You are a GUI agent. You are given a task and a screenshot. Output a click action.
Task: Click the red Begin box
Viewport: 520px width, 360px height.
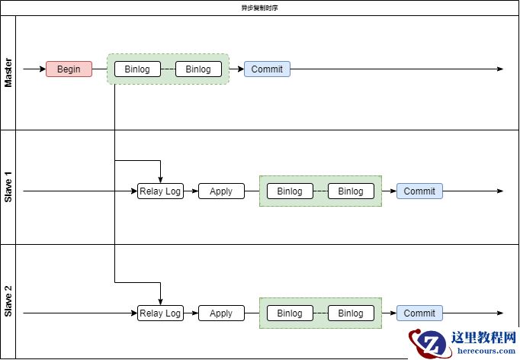click(x=69, y=69)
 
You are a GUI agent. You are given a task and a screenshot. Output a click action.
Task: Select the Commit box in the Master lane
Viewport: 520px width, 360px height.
click(x=267, y=69)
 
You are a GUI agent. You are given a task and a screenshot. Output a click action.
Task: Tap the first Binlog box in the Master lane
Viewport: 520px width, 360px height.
click(x=137, y=69)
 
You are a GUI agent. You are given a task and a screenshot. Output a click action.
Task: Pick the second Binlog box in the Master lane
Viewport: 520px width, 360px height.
click(x=198, y=69)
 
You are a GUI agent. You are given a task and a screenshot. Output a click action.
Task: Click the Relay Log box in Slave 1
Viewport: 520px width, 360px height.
click(x=160, y=191)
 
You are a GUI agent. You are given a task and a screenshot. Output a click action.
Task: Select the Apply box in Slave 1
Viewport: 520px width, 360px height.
click(x=221, y=191)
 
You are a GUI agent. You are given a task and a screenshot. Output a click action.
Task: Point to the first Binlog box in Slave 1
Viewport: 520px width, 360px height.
click(x=290, y=191)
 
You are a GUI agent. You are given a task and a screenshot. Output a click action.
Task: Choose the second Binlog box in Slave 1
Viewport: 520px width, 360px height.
click(x=351, y=191)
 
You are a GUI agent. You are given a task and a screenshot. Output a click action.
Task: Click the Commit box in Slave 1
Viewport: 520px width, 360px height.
click(x=419, y=191)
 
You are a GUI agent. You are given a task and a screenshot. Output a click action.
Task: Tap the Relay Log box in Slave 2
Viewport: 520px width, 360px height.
click(x=160, y=313)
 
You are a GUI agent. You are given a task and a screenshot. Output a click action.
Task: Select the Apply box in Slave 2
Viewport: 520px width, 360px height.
click(x=221, y=313)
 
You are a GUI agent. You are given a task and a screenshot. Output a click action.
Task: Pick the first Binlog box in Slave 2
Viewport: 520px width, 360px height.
click(x=290, y=313)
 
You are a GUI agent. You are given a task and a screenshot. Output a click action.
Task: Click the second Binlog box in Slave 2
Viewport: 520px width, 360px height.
click(x=351, y=313)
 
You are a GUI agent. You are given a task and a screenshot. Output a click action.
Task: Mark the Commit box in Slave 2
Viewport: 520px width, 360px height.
click(x=419, y=313)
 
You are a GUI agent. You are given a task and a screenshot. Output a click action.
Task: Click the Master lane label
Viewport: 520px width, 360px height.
click(x=8, y=72)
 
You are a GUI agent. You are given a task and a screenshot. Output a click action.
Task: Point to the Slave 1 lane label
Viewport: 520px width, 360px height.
click(x=8, y=187)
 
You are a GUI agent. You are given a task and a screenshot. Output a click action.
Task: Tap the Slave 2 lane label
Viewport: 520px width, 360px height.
click(x=8, y=301)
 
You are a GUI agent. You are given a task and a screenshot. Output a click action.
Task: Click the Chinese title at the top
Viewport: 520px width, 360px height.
click(x=259, y=8)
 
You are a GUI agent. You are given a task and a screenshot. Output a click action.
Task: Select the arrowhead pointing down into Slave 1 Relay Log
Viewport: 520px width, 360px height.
click(x=160, y=179)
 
